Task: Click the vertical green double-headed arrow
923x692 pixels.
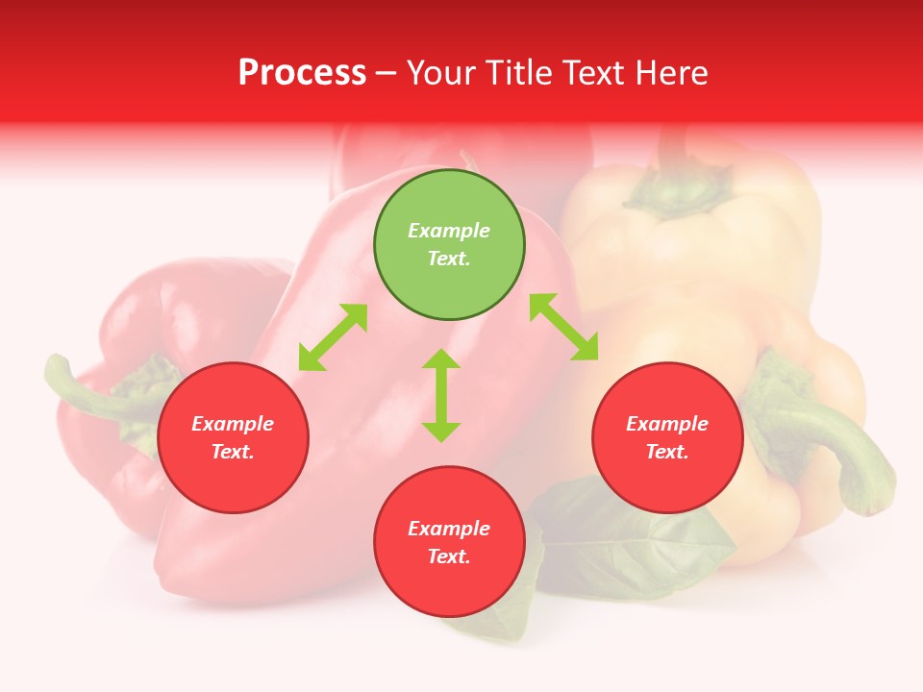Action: click(441, 395)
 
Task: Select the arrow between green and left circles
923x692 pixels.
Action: click(333, 337)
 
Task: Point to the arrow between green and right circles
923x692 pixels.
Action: click(563, 327)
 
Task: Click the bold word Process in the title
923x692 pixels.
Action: click(302, 72)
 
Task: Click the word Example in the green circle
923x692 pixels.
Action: click(449, 231)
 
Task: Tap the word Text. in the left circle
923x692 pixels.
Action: click(233, 452)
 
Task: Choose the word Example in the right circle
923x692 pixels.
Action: click(667, 424)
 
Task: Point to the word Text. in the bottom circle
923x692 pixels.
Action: click(449, 556)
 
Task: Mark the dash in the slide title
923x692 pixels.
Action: click(387, 73)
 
